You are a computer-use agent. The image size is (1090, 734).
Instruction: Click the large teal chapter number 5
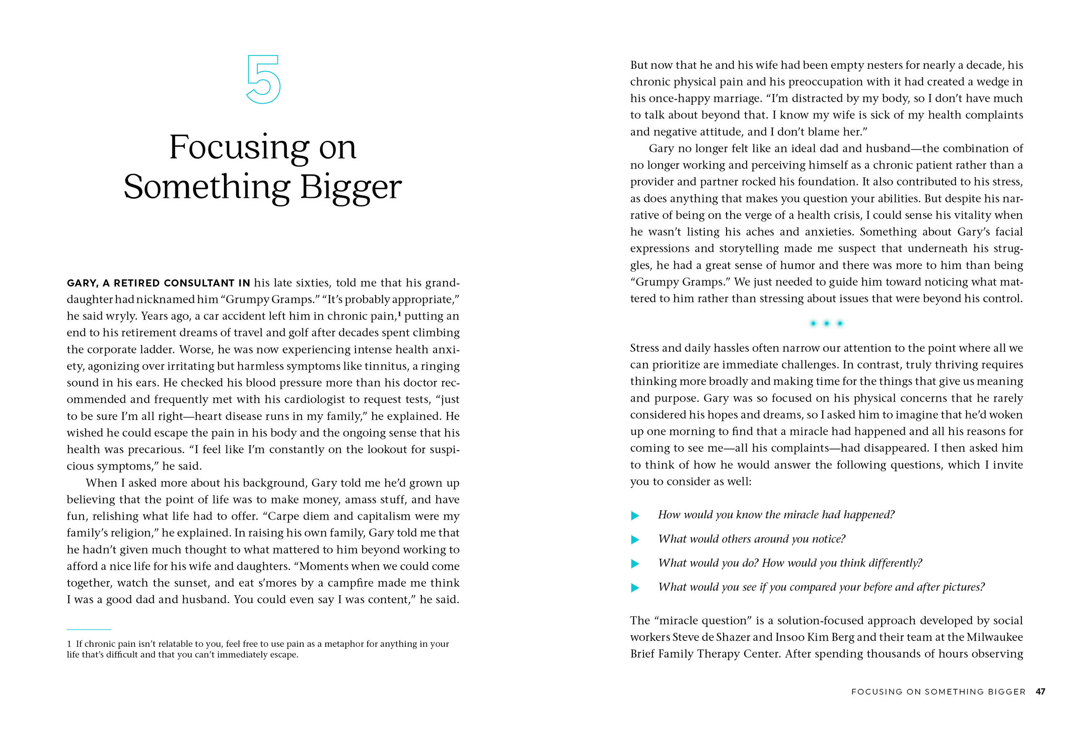point(263,79)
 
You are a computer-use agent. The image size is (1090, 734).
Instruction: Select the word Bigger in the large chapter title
point(350,187)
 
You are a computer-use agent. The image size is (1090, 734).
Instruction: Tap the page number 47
point(1040,691)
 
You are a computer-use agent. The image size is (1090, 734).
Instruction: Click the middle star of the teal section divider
point(826,324)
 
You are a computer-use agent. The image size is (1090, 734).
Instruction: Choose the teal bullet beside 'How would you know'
point(635,515)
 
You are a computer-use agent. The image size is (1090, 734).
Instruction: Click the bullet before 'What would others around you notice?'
point(635,540)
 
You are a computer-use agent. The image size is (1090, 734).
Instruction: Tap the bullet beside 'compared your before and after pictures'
point(635,587)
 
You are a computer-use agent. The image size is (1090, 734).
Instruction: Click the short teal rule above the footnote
point(89,630)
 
